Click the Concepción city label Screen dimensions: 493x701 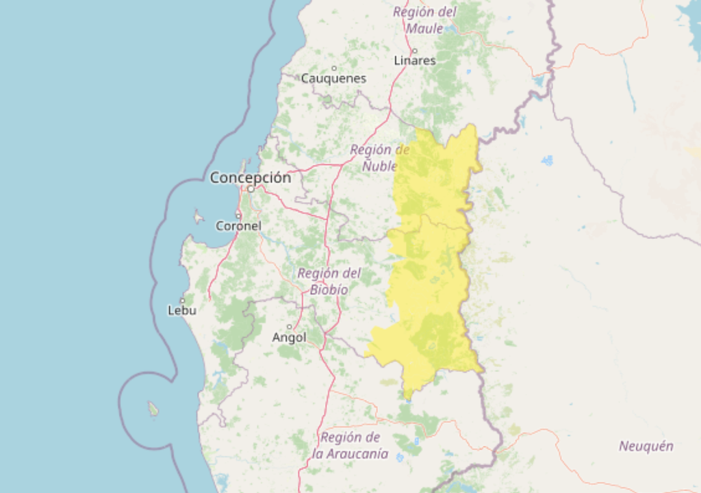pos(250,177)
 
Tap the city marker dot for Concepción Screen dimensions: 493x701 pos(251,189)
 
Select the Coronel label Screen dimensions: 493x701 pos(238,225)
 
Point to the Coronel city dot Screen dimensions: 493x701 pos(238,215)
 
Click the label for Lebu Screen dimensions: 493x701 pos(182,310)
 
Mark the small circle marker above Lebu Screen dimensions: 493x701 pos(183,300)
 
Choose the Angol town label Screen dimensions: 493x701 pos(289,337)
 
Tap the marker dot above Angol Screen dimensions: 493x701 pos(290,327)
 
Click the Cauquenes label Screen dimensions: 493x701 pos(333,78)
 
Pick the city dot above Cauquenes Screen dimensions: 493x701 pos(334,68)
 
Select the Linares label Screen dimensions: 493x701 pos(414,60)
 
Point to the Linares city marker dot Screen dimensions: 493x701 pos(415,51)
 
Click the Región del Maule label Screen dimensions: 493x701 pos(424,20)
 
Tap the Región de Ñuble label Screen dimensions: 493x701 pos(380,157)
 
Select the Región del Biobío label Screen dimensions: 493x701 pos(329,281)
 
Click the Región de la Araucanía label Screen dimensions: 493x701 pos(350,445)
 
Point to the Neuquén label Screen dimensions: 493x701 pos(646,446)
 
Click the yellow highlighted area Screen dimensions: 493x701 pos(431,274)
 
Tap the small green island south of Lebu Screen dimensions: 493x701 pos(153,409)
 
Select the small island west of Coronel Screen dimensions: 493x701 pos(199,218)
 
